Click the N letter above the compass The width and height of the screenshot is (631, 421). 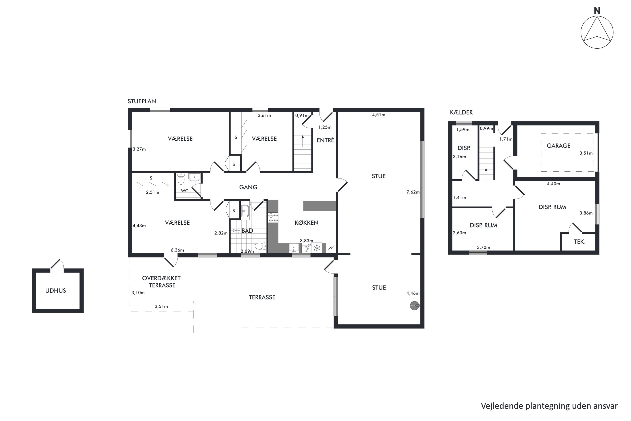[x=597, y=11]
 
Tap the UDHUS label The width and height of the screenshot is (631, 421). [x=56, y=290]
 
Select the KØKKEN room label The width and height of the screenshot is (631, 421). [x=306, y=222]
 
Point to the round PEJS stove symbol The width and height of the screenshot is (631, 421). [x=414, y=306]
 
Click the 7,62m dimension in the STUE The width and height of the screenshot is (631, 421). [x=413, y=192]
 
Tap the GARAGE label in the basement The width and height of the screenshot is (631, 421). [x=559, y=146]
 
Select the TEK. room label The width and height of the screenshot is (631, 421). [x=579, y=242]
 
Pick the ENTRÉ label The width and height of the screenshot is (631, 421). [x=325, y=140]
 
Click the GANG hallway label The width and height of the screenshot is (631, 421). [x=248, y=187]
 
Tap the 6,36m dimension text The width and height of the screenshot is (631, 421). [x=177, y=250]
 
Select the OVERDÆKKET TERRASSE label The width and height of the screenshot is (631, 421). [x=161, y=282]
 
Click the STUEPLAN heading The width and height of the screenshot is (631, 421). [x=142, y=101]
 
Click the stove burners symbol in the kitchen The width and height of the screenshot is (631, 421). [x=273, y=218]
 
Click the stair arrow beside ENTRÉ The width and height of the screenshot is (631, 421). [x=303, y=141]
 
